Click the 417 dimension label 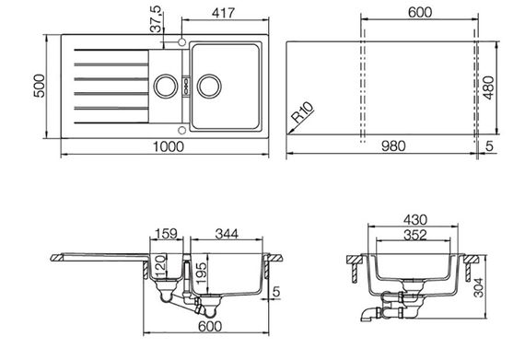click(x=223, y=13)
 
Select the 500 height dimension click(x=40, y=86)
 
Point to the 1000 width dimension click(x=169, y=147)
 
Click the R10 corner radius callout click(x=303, y=112)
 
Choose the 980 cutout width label click(x=393, y=146)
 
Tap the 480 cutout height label click(x=488, y=88)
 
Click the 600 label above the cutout click(x=420, y=12)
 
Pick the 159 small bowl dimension click(x=167, y=234)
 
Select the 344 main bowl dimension click(x=227, y=234)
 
